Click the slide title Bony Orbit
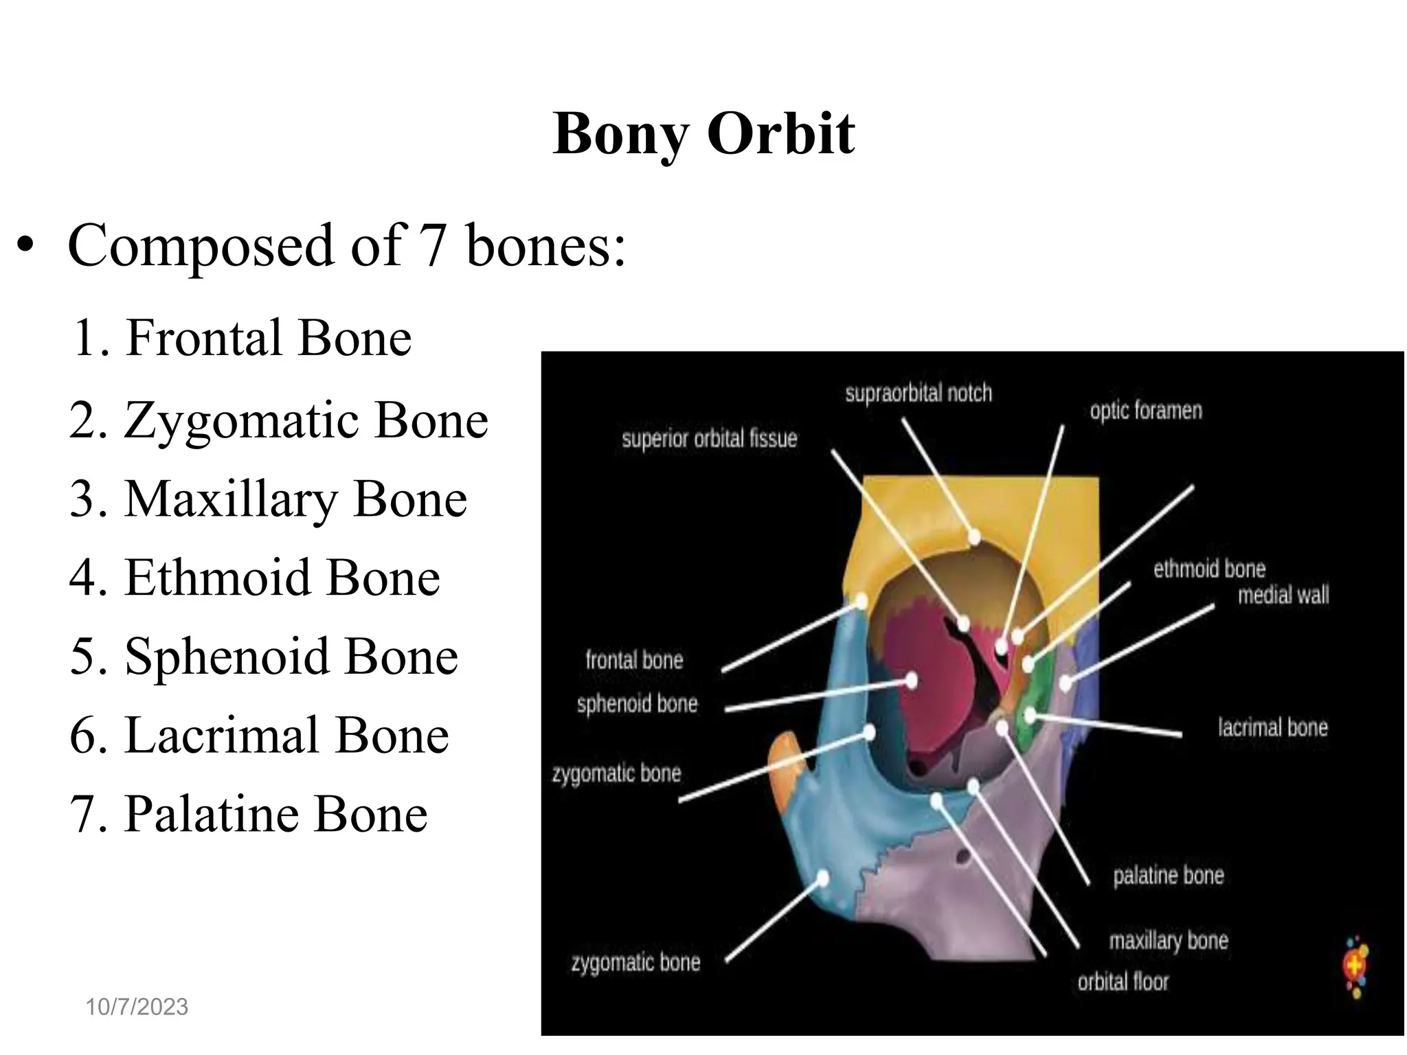703,133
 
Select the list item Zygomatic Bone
279,420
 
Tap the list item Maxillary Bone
268,499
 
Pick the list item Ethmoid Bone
254,578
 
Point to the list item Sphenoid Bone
264,657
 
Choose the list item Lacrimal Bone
259,736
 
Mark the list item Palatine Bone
249,815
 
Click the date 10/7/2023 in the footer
137,1007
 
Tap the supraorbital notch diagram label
919,394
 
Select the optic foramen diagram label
1146,411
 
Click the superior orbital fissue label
709,439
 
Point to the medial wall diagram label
1283,595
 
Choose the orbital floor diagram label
1123,982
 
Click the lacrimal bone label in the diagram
1272,727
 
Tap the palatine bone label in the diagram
1168,876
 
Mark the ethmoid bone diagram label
1209,569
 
